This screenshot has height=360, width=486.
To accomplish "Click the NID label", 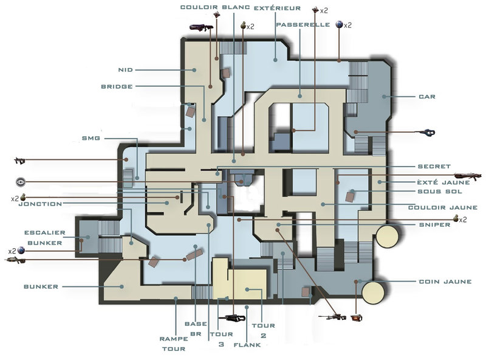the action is (x=126, y=70).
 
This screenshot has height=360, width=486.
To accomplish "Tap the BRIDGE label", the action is (x=117, y=86).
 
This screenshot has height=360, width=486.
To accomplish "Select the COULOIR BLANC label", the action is (x=215, y=7).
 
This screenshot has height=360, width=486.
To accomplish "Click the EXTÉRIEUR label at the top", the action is (x=278, y=8).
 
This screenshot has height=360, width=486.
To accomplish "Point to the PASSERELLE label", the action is (x=303, y=24).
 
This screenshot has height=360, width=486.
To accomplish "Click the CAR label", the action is (x=427, y=97).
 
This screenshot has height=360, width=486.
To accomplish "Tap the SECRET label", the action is (x=434, y=167).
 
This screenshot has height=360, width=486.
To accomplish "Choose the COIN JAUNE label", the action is (x=445, y=282).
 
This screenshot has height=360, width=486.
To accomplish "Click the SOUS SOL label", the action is (x=440, y=192).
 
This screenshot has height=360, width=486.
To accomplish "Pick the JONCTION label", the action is (x=40, y=204).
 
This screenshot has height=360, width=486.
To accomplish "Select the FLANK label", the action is (x=247, y=345).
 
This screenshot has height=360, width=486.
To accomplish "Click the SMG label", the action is (x=91, y=138).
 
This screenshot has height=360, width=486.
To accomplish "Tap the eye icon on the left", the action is (x=21, y=182).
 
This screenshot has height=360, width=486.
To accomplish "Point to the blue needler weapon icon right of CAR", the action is (x=428, y=133).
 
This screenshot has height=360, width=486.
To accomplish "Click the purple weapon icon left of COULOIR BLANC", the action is (x=202, y=27).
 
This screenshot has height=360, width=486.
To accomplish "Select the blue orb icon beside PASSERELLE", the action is (x=340, y=24).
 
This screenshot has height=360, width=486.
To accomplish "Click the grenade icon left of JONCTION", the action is (x=23, y=197).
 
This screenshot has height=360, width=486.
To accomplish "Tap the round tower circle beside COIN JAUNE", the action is (x=374, y=292).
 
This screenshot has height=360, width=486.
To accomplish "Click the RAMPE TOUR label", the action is (x=174, y=344).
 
